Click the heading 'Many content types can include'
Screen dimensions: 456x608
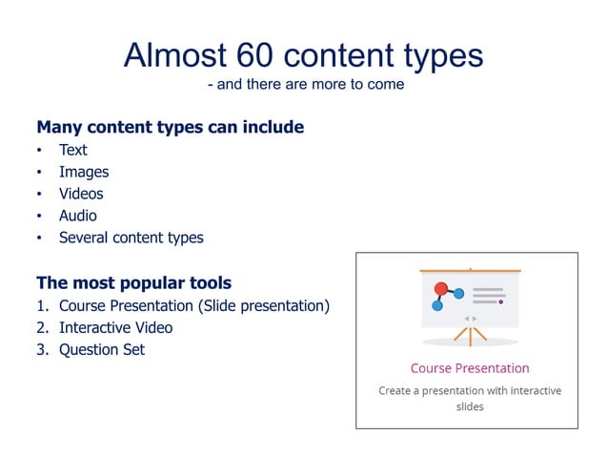tap(170, 127)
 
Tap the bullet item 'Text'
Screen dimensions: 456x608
tap(72, 150)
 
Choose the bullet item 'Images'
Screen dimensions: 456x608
tap(84, 172)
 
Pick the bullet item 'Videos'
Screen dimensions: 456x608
tap(81, 194)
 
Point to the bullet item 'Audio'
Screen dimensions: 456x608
tap(78, 216)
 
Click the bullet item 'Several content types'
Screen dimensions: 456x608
tap(131, 238)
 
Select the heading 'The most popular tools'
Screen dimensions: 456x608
tap(133, 282)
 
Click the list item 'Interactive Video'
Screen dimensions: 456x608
tap(115, 327)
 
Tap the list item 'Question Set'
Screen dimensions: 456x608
tap(102, 349)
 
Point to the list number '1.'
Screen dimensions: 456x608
tap(42, 305)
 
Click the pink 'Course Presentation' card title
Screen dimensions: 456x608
tap(469, 368)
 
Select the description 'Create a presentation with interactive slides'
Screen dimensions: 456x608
tap(469, 398)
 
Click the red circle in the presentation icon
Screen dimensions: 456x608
tap(440, 288)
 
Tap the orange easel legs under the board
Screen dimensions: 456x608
tap(470, 335)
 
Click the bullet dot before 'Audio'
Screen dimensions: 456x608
tap(40, 217)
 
